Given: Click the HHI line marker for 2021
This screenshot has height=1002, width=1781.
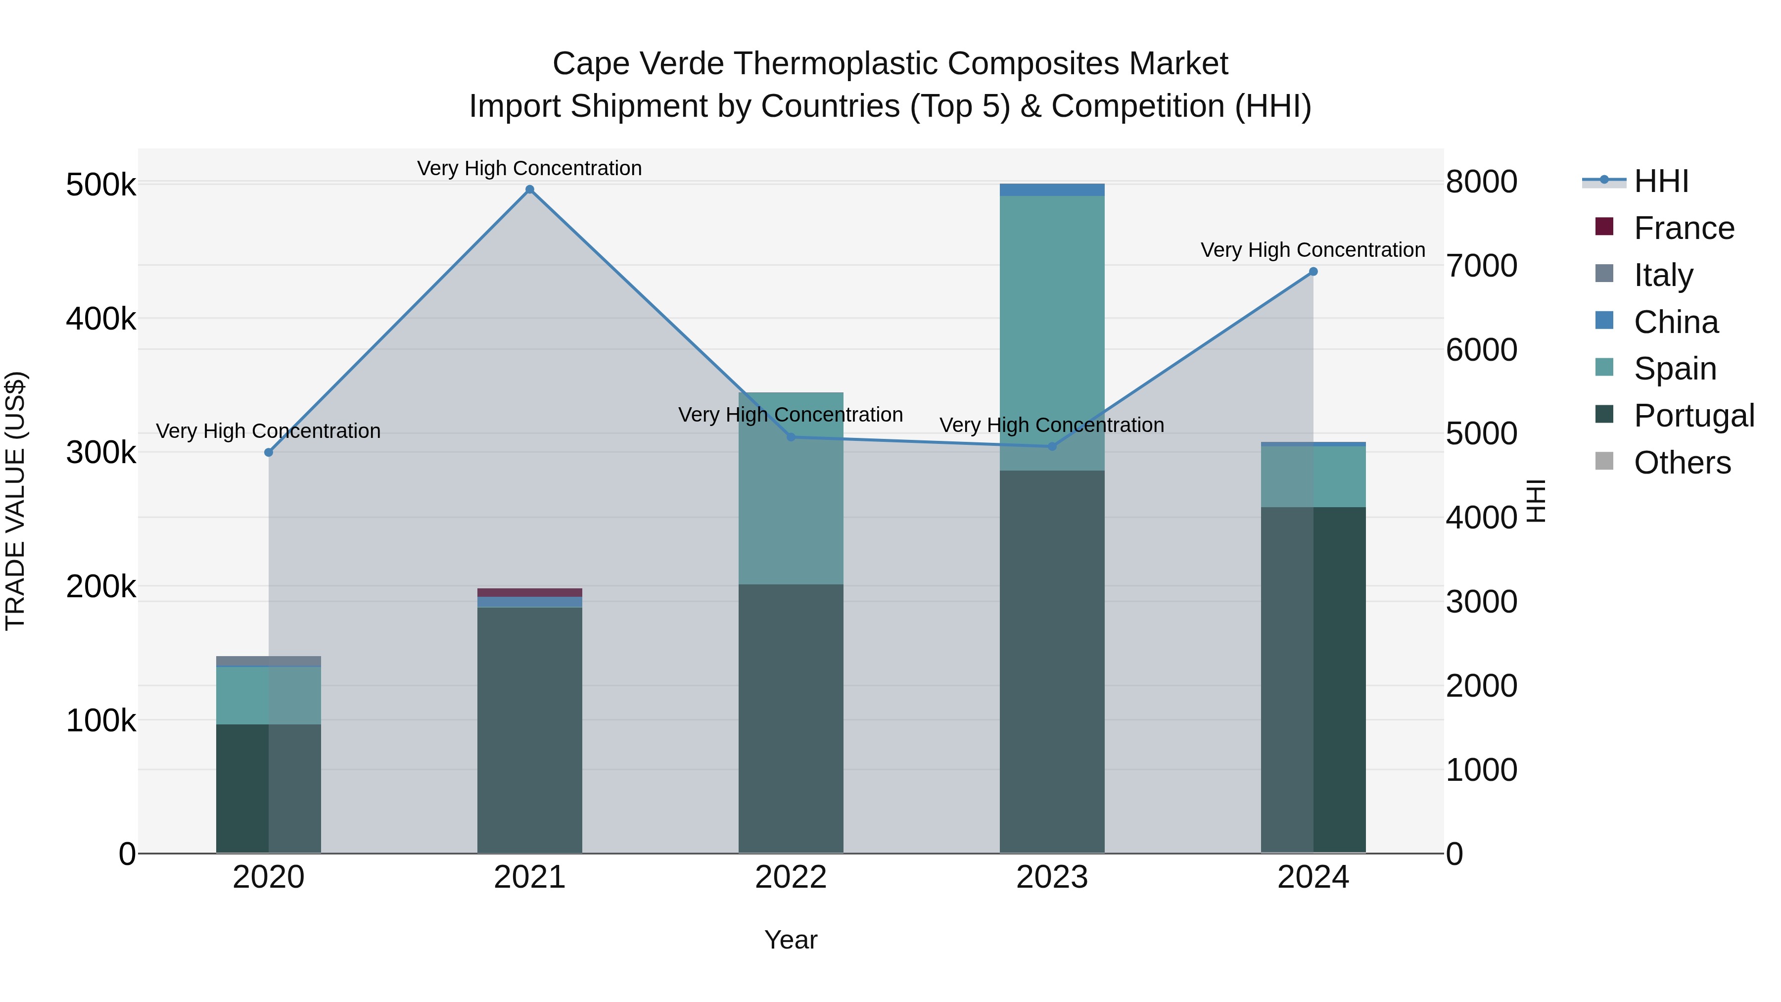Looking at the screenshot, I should click(529, 190).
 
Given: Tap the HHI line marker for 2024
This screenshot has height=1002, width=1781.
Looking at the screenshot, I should click(1313, 272).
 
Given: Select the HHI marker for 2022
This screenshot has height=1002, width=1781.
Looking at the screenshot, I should click(791, 437).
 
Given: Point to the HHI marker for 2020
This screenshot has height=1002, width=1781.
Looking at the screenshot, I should click(269, 452).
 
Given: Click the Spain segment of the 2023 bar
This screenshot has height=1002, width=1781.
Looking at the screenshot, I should click(1052, 332).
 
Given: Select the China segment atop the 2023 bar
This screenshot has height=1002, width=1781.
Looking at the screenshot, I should click(1052, 190).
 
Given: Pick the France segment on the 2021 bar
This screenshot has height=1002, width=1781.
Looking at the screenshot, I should click(529, 593).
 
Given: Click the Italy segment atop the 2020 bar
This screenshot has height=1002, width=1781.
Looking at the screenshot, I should click(269, 661).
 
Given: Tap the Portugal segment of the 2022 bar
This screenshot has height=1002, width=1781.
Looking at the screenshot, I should click(791, 719).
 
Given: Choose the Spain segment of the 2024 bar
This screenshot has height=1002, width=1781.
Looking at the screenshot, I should click(1313, 477).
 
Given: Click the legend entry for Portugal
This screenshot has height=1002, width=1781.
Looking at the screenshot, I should click(1693, 416).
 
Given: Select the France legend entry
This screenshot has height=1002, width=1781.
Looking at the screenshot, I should click(1684, 228).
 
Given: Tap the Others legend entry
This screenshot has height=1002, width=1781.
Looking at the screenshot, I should click(1682, 463).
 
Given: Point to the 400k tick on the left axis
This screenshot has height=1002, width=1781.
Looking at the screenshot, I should click(101, 320).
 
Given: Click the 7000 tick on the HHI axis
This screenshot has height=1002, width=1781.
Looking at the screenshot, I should click(1481, 266).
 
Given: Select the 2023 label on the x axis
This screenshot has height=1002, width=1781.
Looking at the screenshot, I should click(1052, 877).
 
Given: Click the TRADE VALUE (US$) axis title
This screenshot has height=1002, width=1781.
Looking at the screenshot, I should click(15, 501).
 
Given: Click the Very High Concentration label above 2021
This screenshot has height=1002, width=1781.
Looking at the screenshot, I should click(529, 168).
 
